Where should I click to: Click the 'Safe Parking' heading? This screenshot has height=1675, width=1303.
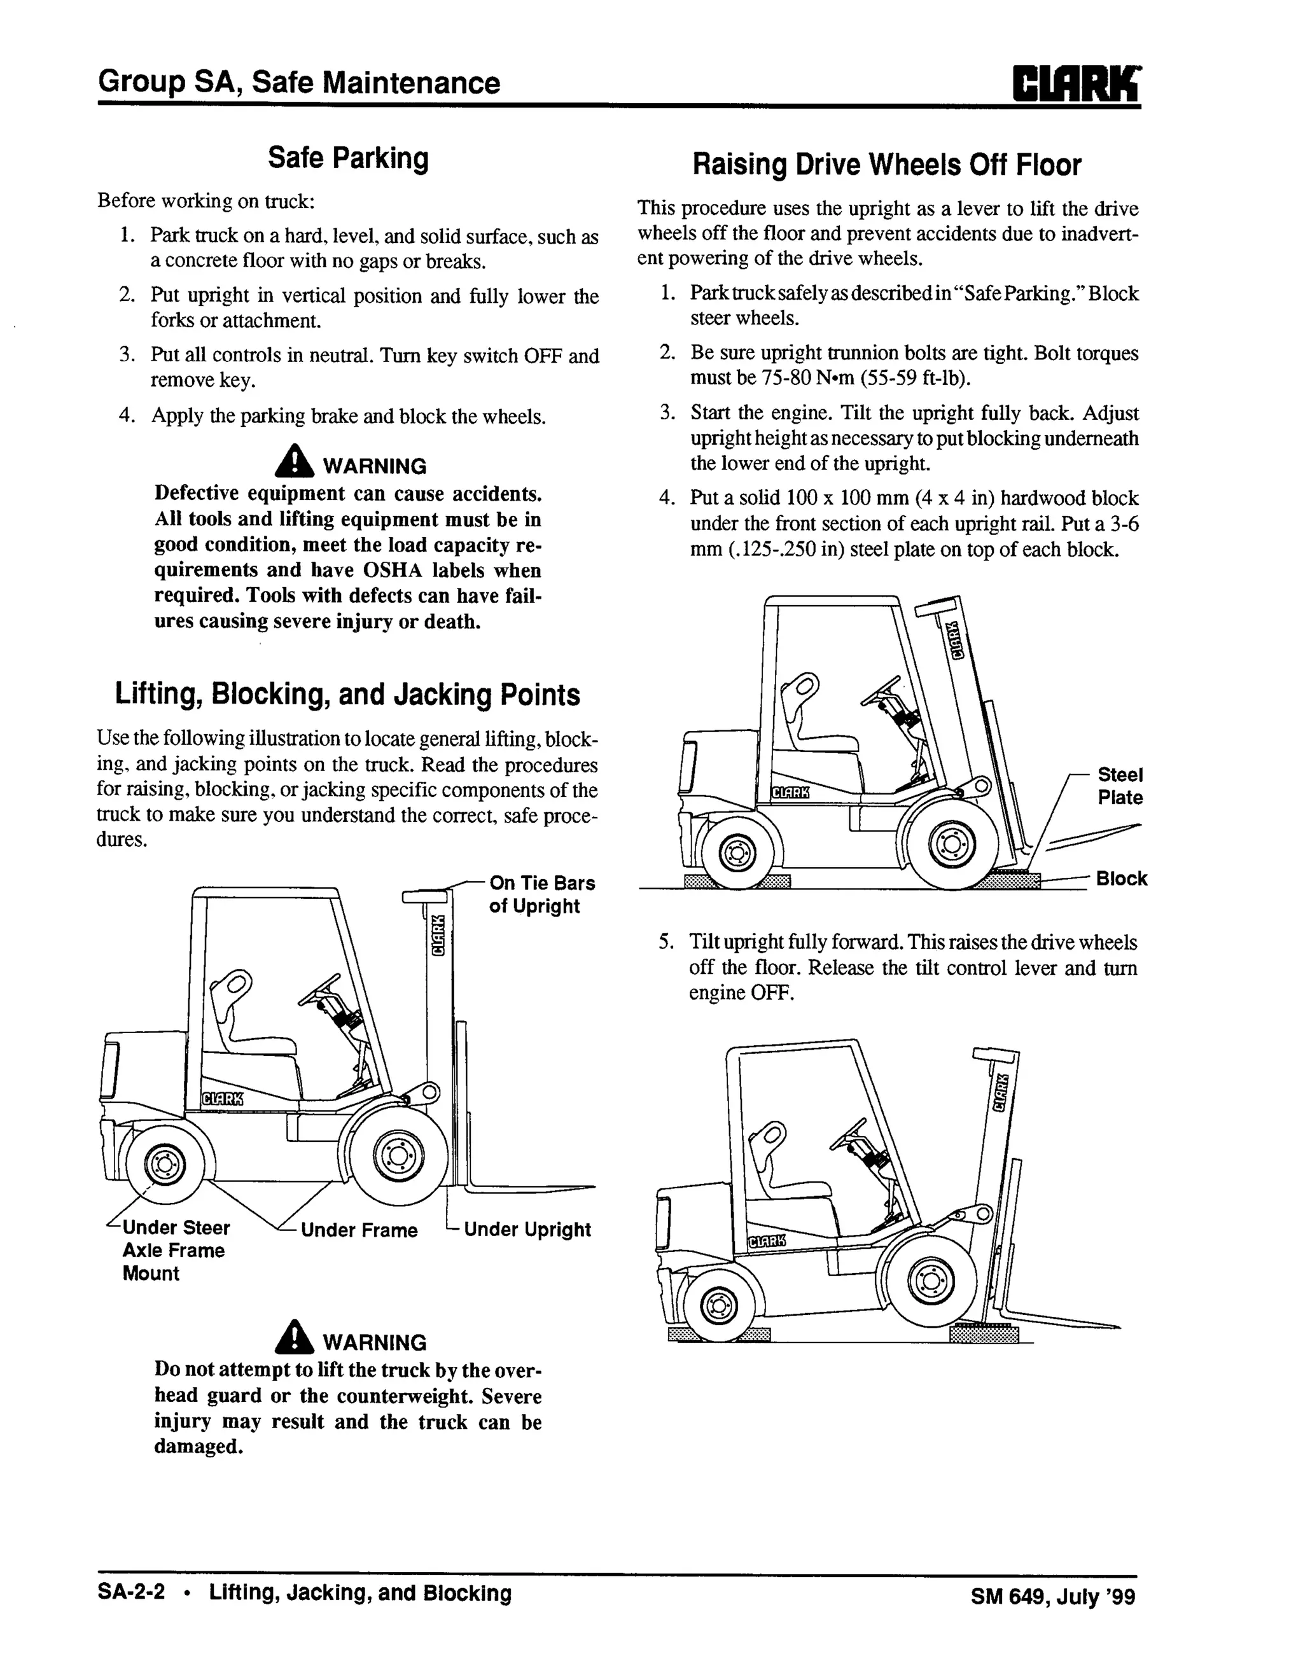pyautogui.click(x=347, y=158)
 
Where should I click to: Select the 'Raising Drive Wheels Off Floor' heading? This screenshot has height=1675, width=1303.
pyautogui.click(x=886, y=165)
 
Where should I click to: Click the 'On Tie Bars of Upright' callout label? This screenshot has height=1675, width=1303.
pyautogui.click(x=541, y=894)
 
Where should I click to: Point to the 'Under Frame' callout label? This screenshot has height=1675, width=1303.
pyautogui.click(x=359, y=1231)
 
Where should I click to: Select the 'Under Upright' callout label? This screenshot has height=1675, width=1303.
pyautogui.click(x=527, y=1230)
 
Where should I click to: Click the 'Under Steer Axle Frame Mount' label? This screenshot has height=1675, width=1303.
pyautogui.click(x=175, y=1250)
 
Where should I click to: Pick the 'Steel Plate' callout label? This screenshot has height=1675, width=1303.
pyautogui.click(x=1120, y=786)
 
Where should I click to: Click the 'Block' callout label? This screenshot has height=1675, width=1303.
pyautogui.click(x=1121, y=879)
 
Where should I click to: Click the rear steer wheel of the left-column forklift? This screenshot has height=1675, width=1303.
pyautogui.click(x=164, y=1165)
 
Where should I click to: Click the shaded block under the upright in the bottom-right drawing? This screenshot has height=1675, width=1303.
pyautogui.click(x=984, y=1335)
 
